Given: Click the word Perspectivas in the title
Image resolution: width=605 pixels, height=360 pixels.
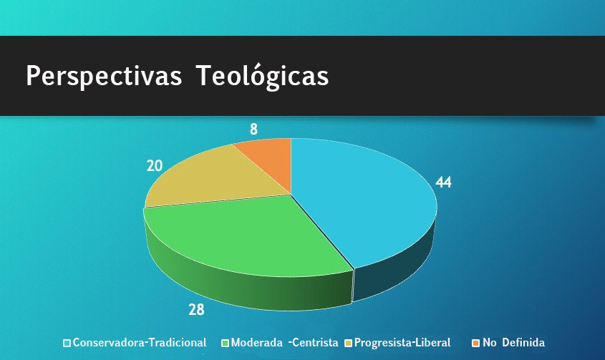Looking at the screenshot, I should click(x=105, y=76).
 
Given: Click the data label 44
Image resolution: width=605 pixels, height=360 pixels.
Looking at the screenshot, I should click(x=444, y=183).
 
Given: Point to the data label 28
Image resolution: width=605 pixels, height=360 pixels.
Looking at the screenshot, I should click(x=196, y=310).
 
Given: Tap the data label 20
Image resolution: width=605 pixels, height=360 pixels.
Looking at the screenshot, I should click(x=155, y=165).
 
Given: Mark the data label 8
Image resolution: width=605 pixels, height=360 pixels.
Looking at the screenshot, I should click(x=253, y=130).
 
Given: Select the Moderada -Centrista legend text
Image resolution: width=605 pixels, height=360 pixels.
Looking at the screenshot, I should click(x=285, y=343).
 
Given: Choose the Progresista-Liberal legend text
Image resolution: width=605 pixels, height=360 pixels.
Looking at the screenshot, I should click(x=402, y=343).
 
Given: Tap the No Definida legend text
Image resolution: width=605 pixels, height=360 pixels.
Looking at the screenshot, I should click(x=513, y=343).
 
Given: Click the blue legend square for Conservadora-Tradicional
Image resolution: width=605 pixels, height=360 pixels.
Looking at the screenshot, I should click(x=67, y=343).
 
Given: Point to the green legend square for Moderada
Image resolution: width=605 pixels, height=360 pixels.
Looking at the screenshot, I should click(x=226, y=343).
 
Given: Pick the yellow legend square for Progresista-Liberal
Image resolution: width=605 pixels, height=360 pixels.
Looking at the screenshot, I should click(x=349, y=343).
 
